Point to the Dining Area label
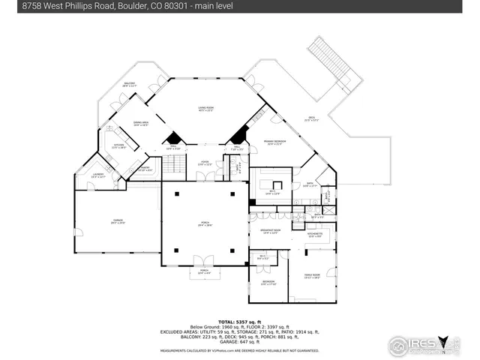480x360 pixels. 141,124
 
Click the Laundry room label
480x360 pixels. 98,175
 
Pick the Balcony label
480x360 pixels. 128,85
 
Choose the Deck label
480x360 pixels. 311,118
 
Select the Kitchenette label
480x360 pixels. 315,235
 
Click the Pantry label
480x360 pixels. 145,169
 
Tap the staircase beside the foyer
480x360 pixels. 174,164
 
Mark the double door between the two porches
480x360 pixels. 203,260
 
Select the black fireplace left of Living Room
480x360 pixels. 173,138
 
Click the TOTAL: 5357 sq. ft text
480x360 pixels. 239,321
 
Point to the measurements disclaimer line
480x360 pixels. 239,349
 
